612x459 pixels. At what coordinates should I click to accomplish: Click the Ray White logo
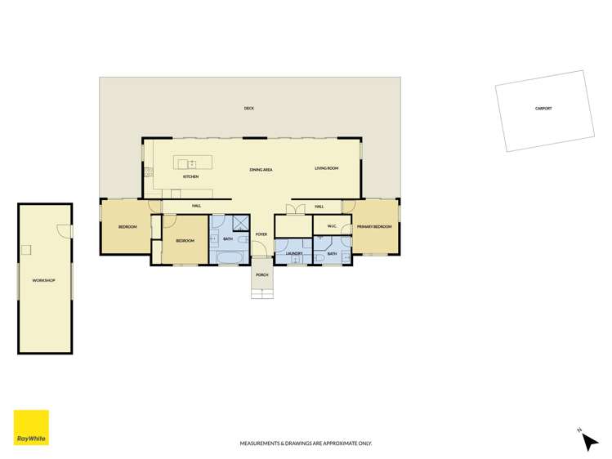point(31,427)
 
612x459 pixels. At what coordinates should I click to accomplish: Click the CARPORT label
point(543,108)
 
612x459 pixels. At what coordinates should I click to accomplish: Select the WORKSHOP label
point(43,280)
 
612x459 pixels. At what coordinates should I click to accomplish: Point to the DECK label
point(248,108)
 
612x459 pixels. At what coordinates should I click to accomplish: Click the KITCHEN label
point(190,176)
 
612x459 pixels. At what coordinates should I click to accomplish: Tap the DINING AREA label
point(261,169)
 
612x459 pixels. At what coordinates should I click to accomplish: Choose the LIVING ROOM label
point(327,168)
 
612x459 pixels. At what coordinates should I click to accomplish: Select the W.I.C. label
point(332,226)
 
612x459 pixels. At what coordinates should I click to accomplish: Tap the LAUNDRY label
point(294,253)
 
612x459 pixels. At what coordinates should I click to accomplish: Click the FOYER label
point(261,234)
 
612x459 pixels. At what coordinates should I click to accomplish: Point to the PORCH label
point(262,274)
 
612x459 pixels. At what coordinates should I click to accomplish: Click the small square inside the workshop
point(26,250)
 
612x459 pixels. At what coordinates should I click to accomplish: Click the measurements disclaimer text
point(306,443)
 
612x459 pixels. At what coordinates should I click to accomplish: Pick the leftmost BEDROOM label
point(127,226)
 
